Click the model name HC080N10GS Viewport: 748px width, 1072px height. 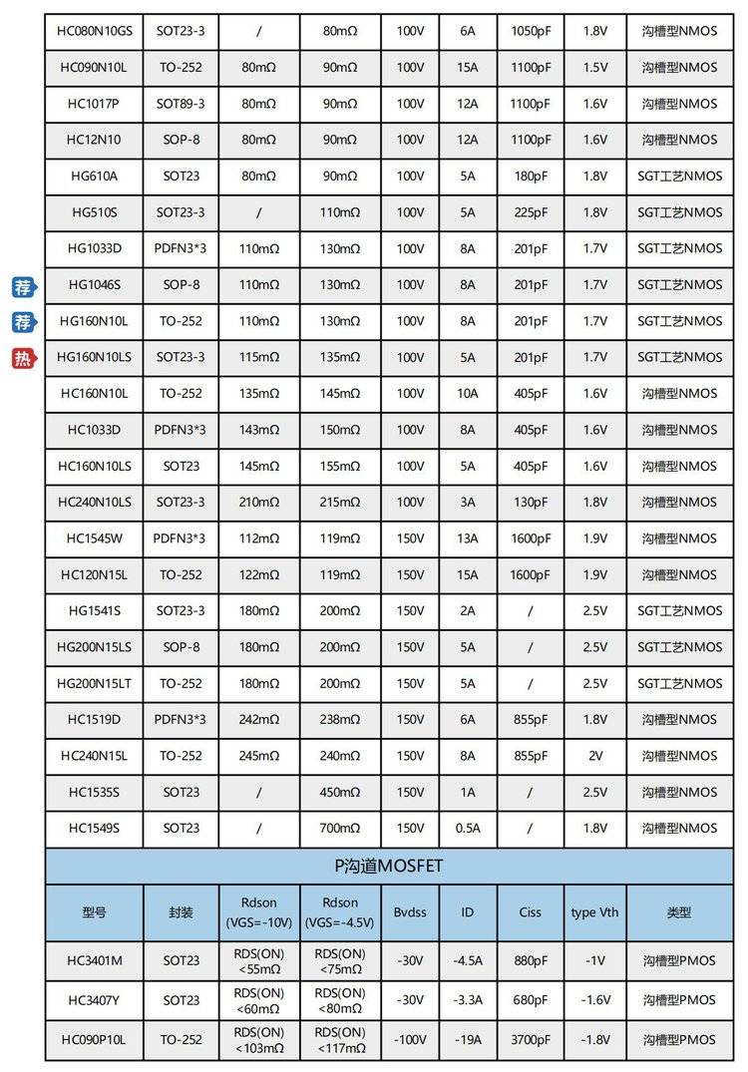95,31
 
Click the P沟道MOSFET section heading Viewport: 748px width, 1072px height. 389,867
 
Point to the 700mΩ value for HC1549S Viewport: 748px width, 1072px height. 340,828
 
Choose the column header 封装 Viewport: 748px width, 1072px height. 182,912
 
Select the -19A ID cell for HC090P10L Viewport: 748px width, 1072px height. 468,1039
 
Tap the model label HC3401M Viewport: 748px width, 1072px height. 95,961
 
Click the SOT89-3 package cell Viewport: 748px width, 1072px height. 182,104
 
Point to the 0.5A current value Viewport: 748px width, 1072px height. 468,828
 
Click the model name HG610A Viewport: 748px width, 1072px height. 95,177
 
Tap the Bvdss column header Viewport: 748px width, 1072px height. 410,912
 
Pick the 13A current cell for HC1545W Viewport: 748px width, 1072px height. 468,538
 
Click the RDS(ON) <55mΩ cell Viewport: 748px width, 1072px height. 259,961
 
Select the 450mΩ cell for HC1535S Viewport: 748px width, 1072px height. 340,792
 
